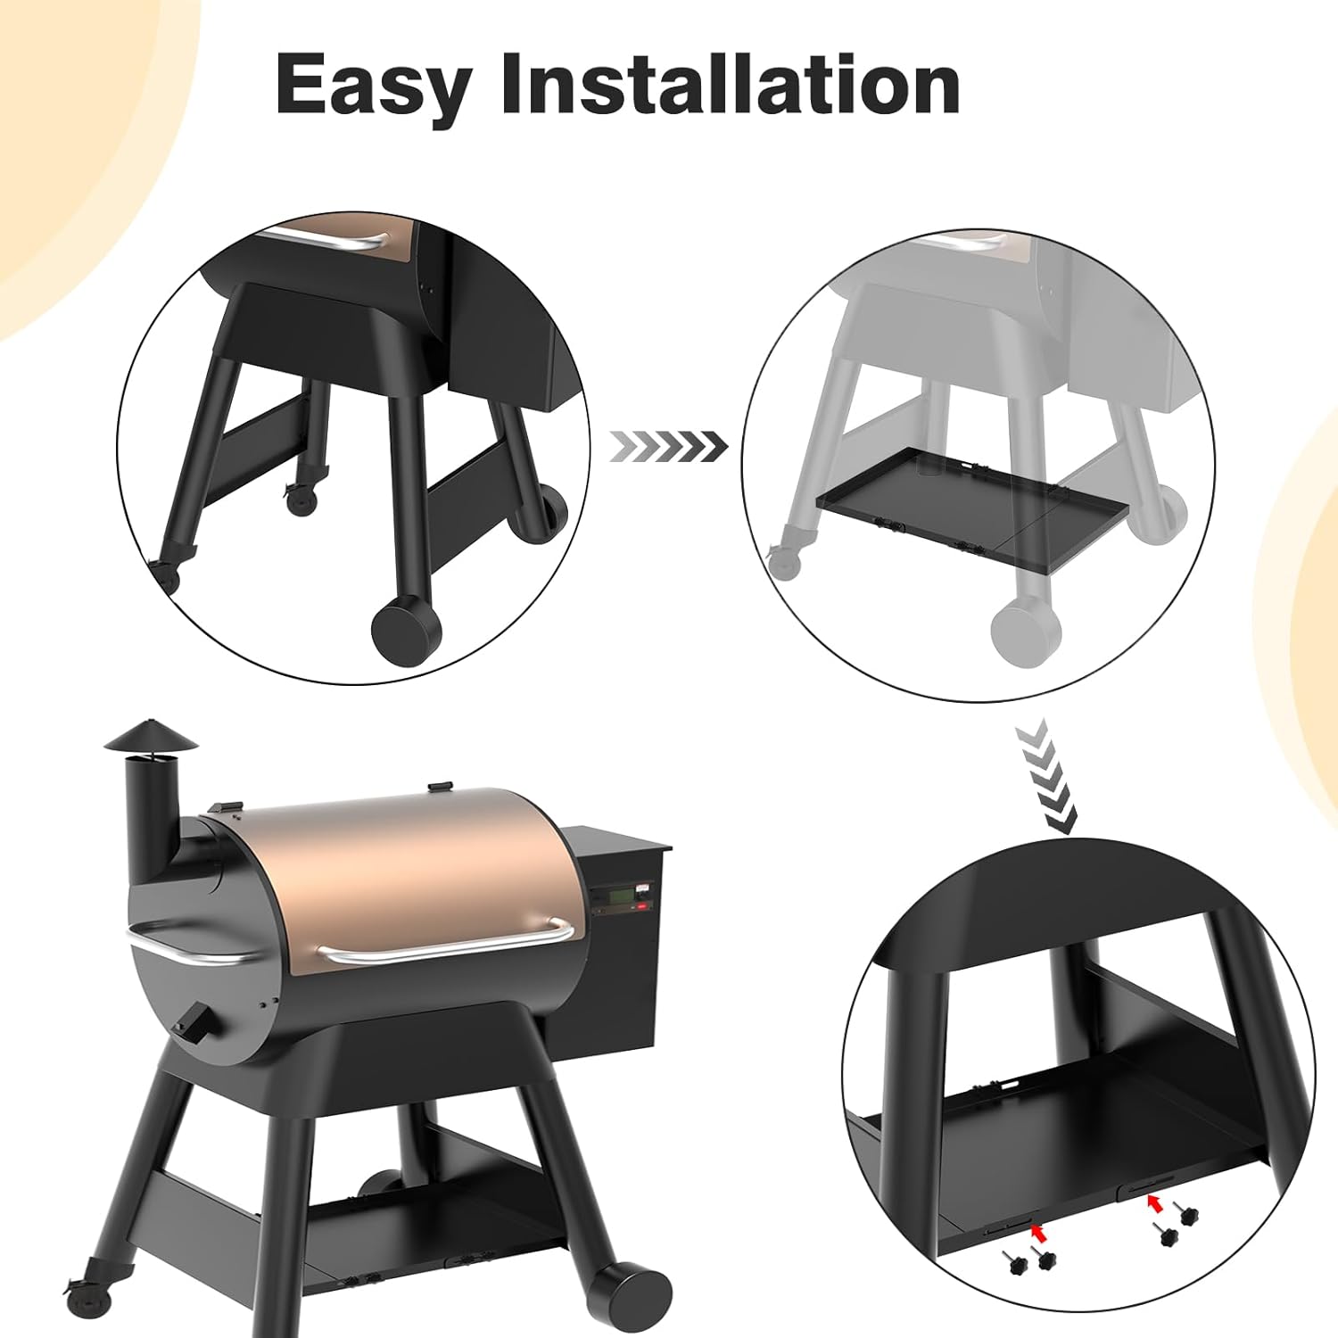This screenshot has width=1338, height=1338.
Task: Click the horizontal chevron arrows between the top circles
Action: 667,445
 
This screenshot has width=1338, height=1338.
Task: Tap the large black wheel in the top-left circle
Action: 406,630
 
